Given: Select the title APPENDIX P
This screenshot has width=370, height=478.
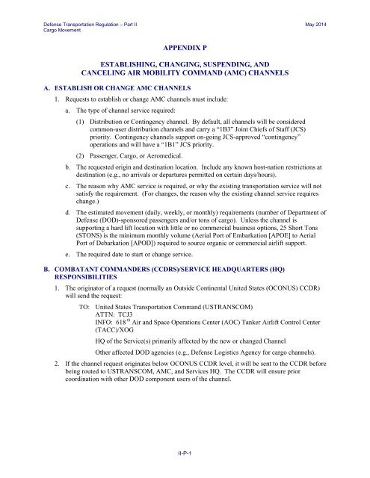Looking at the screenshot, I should (x=184, y=46).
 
